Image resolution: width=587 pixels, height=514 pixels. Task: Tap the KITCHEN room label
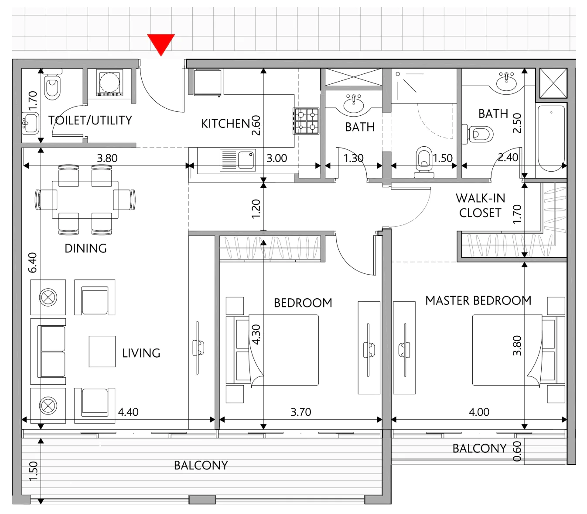tap(226, 124)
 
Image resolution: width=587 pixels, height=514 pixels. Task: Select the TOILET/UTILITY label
tap(90, 121)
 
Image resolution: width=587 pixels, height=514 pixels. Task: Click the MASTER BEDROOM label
tap(478, 300)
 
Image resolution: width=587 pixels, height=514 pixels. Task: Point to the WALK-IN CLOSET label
tap(480, 205)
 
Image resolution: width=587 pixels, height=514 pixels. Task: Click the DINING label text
tap(85, 248)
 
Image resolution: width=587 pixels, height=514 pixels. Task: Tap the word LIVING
tap(141, 353)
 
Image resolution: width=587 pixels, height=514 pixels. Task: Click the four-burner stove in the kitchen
tap(306, 121)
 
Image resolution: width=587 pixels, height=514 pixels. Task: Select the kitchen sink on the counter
tap(238, 160)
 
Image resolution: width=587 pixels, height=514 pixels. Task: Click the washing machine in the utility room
tap(109, 82)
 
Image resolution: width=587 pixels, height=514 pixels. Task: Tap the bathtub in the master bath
tap(551, 138)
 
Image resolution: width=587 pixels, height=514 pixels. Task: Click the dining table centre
tap(85, 200)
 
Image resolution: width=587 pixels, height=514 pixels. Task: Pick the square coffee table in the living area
tap(102, 352)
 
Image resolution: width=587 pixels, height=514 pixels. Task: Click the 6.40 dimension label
tap(32, 262)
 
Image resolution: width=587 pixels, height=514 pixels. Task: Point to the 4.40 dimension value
tap(128, 412)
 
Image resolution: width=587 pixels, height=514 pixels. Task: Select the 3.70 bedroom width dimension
tap(300, 412)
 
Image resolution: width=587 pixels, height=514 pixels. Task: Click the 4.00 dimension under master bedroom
tap(479, 412)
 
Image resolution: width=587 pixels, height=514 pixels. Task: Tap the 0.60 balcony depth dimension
tap(517, 452)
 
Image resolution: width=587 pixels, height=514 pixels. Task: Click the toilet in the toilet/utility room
tap(52, 85)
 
